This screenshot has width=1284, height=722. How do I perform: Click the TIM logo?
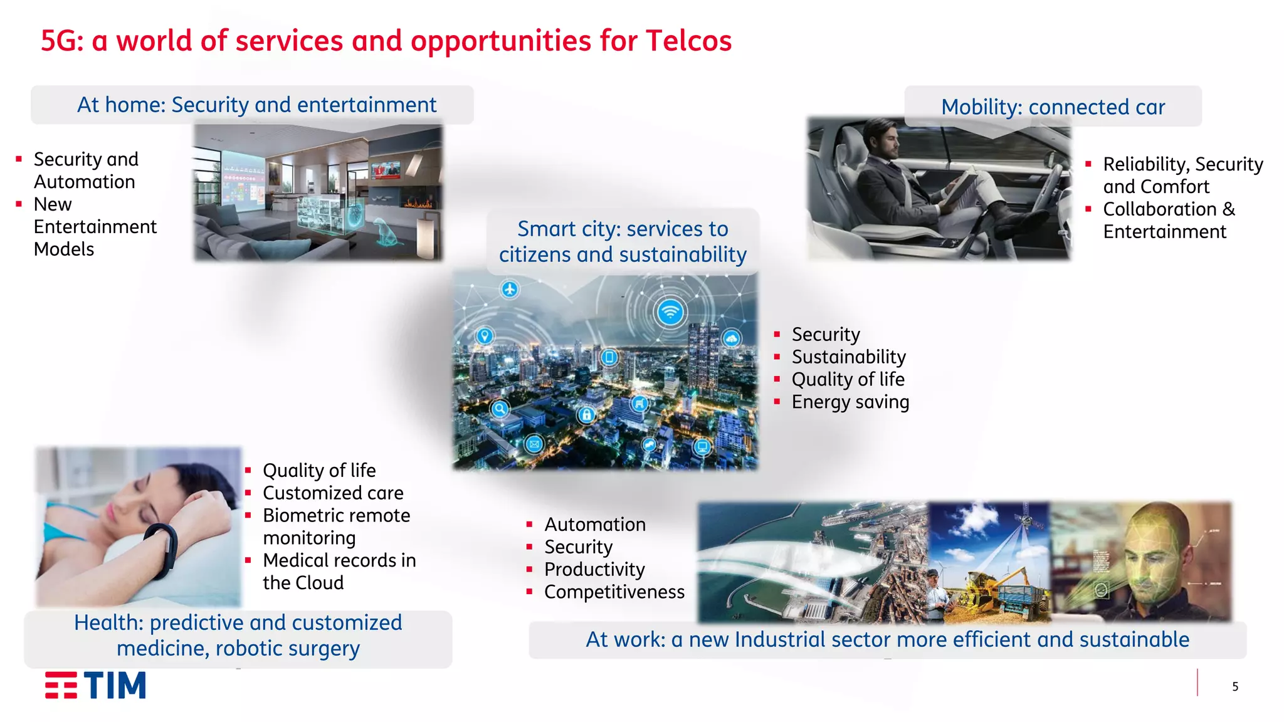tap(95, 685)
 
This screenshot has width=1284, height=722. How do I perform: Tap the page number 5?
tap(1234, 687)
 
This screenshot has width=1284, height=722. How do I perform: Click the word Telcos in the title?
tap(688, 41)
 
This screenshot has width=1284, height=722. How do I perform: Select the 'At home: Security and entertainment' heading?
tap(256, 105)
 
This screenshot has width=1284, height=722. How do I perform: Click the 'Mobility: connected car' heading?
tap(1053, 107)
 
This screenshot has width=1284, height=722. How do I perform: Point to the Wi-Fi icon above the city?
tap(670, 311)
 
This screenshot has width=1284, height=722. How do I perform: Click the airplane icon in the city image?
tap(510, 289)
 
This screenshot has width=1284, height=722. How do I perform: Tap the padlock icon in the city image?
tap(586, 414)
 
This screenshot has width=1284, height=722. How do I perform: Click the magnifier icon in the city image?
tap(500, 409)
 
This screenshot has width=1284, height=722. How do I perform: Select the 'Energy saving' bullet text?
tap(850, 402)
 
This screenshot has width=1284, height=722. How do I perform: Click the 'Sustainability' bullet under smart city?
tap(848, 357)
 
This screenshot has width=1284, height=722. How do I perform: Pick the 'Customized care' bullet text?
tap(333, 493)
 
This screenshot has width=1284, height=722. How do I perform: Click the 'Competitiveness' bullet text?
tap(614, 592)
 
